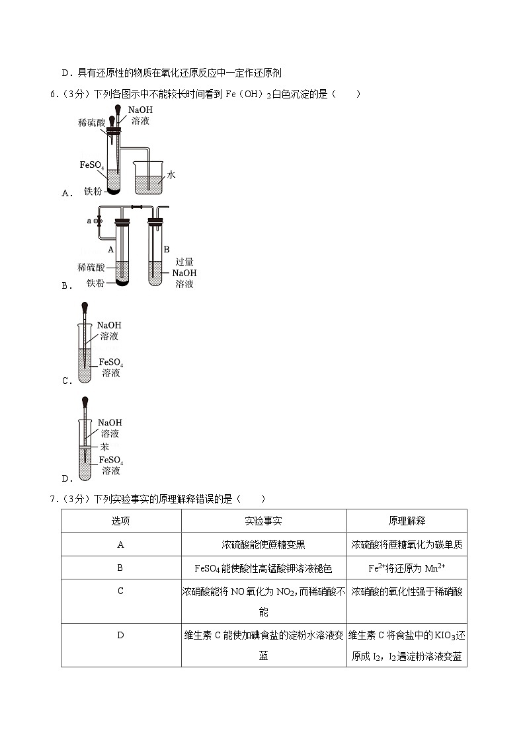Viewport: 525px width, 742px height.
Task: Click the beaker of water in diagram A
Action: click(148, 177)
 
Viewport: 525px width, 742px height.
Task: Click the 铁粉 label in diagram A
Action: click(92, 191)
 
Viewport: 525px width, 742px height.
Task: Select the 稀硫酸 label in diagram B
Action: click(90, 267)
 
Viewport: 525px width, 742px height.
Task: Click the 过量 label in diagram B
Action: click(184, 262)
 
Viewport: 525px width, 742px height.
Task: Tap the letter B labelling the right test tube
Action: click(167, 249)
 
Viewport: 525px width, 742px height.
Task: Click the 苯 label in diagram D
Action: click(104, 446)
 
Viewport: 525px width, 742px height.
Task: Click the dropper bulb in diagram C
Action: click(85, 307)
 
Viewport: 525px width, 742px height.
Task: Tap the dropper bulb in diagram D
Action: click(85, 401)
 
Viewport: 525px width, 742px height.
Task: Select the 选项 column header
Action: click(121, 521)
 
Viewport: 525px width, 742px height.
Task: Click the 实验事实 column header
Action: click(263, 521)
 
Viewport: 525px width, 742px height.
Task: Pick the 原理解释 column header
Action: click(406, 521)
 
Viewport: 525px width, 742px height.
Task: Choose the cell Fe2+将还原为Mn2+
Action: click(406, 568)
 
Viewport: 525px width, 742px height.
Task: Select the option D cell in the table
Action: click(121, 635)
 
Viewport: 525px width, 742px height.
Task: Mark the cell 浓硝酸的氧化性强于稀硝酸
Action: click(406, 591)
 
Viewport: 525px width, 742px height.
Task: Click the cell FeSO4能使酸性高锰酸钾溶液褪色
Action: click(263, 568)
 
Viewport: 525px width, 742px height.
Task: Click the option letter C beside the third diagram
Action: click(65, 381)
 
